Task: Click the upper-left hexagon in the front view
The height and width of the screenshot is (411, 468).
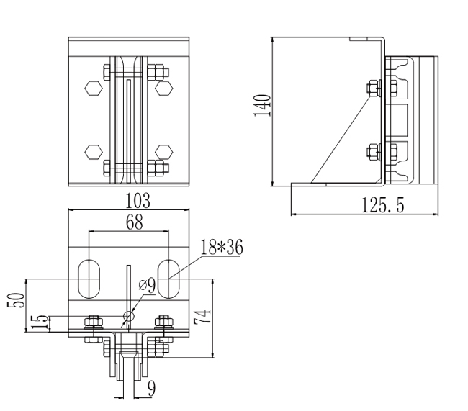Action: pyautogui.click(x=92, y=88)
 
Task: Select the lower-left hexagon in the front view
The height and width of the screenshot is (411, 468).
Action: pyautogui.click(x=92, y=151)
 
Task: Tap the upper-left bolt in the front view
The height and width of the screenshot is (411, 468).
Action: pyautogui.click(x=108, y=72)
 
